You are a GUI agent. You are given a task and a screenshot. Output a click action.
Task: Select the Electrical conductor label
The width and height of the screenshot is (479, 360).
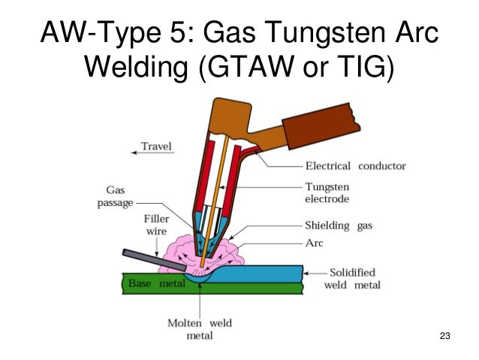[355, 166]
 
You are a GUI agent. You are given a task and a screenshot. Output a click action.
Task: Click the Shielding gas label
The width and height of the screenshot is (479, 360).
[338, 225]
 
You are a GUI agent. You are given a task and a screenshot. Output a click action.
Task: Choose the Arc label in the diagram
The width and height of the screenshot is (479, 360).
[315, 243]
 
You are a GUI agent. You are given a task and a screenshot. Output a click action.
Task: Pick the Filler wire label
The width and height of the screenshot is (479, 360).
[156, 226]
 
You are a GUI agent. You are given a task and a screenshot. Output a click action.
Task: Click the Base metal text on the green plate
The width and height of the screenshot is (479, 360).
[152, 284]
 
